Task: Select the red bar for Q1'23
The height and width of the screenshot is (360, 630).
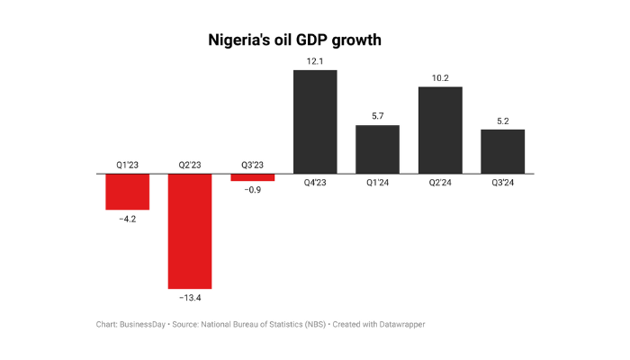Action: [127, 191]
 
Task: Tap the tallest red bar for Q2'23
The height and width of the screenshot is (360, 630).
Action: [190, 230]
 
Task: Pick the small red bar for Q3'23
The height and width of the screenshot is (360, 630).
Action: [252, 177]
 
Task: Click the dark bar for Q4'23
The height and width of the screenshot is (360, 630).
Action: [315, 121]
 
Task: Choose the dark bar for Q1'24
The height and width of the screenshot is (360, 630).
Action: [377, 148]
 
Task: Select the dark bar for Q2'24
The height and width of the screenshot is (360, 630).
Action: [440, 130]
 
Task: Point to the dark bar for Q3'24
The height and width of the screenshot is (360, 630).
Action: [502, 151]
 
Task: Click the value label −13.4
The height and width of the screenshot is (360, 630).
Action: [190, 297]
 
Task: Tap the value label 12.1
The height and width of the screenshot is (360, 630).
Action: [315, 59]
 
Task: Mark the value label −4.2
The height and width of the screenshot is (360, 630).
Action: [127, 219]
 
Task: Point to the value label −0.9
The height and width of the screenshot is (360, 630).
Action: [252, 191]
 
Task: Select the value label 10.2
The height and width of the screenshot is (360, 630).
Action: [440, 76]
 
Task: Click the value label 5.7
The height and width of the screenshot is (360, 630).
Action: [377, 115]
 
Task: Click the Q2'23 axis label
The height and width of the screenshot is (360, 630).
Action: [190, 165]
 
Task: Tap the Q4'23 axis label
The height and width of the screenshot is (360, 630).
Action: [315, 183]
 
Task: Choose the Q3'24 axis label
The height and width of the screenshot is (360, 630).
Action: [502, 183]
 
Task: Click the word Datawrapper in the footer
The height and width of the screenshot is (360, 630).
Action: [399, 324]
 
